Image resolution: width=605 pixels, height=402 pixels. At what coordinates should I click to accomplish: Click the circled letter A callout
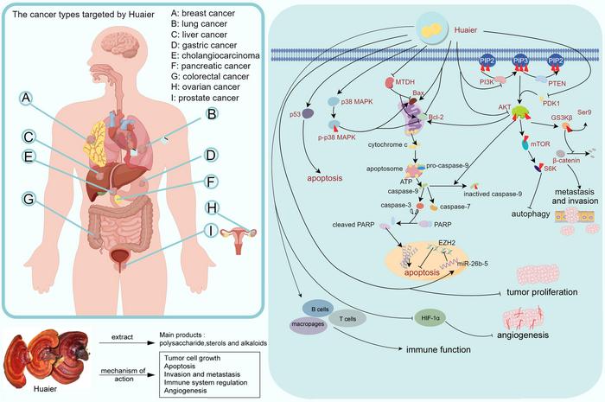click(x=29, y=102)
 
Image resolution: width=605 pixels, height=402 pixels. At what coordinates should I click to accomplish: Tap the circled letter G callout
click(x=29, y=197)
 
